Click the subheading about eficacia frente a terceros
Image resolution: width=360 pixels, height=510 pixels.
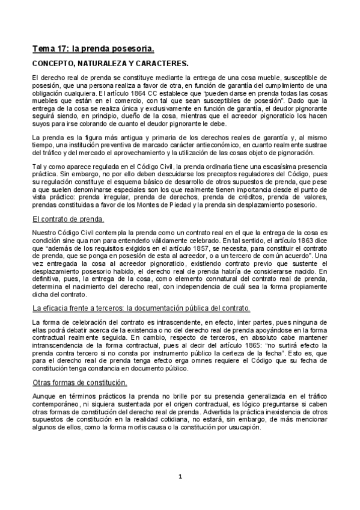141,309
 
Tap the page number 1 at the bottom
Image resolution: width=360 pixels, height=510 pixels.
180,477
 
